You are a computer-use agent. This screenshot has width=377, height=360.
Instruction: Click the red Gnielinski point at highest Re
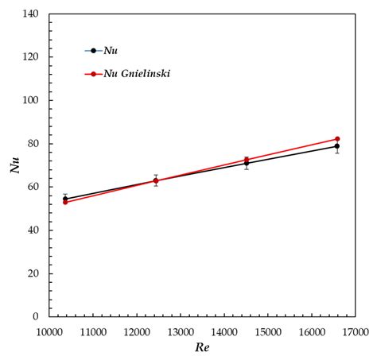tap(337, 139)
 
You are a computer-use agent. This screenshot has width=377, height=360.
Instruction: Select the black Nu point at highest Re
tap(337, 146)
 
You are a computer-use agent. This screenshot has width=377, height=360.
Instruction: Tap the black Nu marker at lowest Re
tap(65, 199)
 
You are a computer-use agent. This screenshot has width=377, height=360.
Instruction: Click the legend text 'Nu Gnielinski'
tap(137, 74)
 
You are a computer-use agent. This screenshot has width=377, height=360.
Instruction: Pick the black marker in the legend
tap(93, 51)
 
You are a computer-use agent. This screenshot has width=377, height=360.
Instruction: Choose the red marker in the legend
tap(93, 74)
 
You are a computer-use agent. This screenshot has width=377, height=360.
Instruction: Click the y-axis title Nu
tap(14, 165)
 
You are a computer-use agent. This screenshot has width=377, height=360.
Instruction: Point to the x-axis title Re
tap(203, 347)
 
